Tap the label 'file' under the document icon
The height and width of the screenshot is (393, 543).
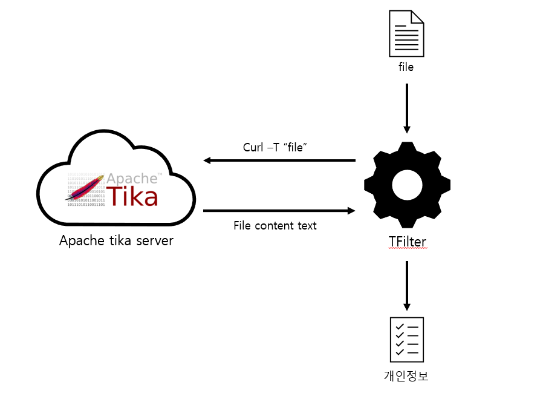click(x=406, y=67)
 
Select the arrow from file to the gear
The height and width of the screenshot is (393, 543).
click(x=407, y=108)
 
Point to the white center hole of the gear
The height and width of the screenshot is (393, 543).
click(x=407, y=185)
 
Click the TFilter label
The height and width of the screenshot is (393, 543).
click(x=407, y=242)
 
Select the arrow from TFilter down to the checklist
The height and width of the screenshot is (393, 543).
click(x=407, y=285)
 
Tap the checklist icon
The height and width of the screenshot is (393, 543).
click(x=406, y=339)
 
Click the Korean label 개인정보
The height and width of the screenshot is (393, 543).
click(x=406, y=375)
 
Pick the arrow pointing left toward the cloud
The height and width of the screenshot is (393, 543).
click(x=279, y=160)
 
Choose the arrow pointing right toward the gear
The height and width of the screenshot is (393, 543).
click(x=279, y=211)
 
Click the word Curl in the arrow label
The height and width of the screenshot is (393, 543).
click(x=253, y=148)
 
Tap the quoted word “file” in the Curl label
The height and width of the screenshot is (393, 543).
click(x=294, y=148)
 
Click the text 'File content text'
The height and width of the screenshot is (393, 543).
click(x=275, y=225)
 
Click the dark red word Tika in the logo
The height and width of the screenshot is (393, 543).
click(x=132, y=196)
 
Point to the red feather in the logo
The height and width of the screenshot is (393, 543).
click(x=85, y=188)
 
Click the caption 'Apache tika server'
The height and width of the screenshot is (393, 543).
click(x=116, y=240)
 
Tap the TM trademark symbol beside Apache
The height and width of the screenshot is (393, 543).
click(x=160, y=174)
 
